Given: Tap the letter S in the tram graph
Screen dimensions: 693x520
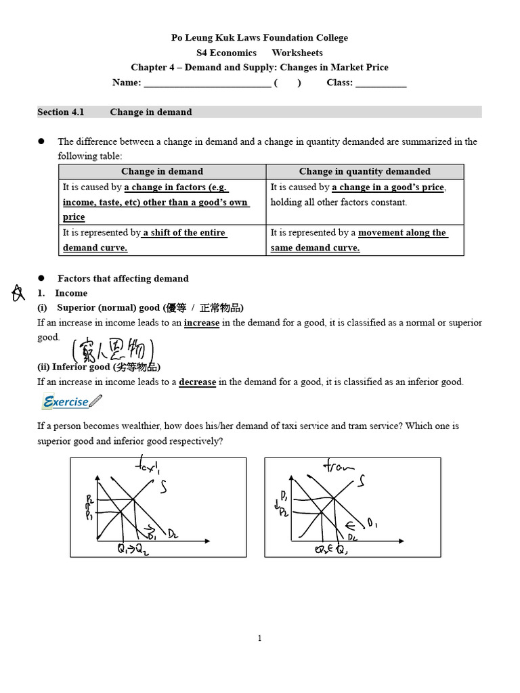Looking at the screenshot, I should click(x=363, y=481).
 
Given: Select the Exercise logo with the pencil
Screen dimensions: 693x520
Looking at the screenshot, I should click(x=71, y=402).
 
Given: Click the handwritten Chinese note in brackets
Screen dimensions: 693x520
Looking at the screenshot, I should click(x=113, y=351).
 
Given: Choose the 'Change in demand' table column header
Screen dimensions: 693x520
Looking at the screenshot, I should click(x=162, y=171).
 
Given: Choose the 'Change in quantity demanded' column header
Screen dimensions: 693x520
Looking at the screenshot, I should click(x=364, y=171).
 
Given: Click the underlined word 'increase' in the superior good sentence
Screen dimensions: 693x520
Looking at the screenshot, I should click(x=202, y=323).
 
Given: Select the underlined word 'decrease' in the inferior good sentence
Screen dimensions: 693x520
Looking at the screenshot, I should click(x=197, y=382).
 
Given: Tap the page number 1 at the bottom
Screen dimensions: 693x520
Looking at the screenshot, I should click(x=259, y=638).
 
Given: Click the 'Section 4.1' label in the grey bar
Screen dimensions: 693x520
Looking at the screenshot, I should click(x=61, y=112).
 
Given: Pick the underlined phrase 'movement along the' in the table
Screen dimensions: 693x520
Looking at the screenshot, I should click(x=402, y=233).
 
